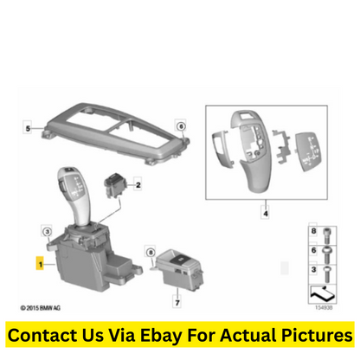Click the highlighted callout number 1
[x=40, y=263]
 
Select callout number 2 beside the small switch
[x=138, y=184]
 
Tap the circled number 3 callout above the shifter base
[x=47, y=231]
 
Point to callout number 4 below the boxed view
[x=266, y=214]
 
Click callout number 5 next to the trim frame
[x=28, y=128]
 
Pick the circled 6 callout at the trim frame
[x=181, y=126]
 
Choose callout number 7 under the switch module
[x=177, y=302]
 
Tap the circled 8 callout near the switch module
[x=151, y=253]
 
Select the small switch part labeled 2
[x=115, y=185]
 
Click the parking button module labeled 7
[x=179, y=268]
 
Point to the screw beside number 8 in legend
[x=326, y=235]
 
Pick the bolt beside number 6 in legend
[x=326, y=254]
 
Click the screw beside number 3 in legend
[x=326, y=274]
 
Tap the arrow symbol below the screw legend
[x=323, y=293]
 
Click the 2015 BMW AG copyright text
[x=41, y=308]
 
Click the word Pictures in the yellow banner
[x=317, y=335]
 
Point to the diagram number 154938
[x=324, y=307]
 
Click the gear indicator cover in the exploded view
[x=306, y=151]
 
